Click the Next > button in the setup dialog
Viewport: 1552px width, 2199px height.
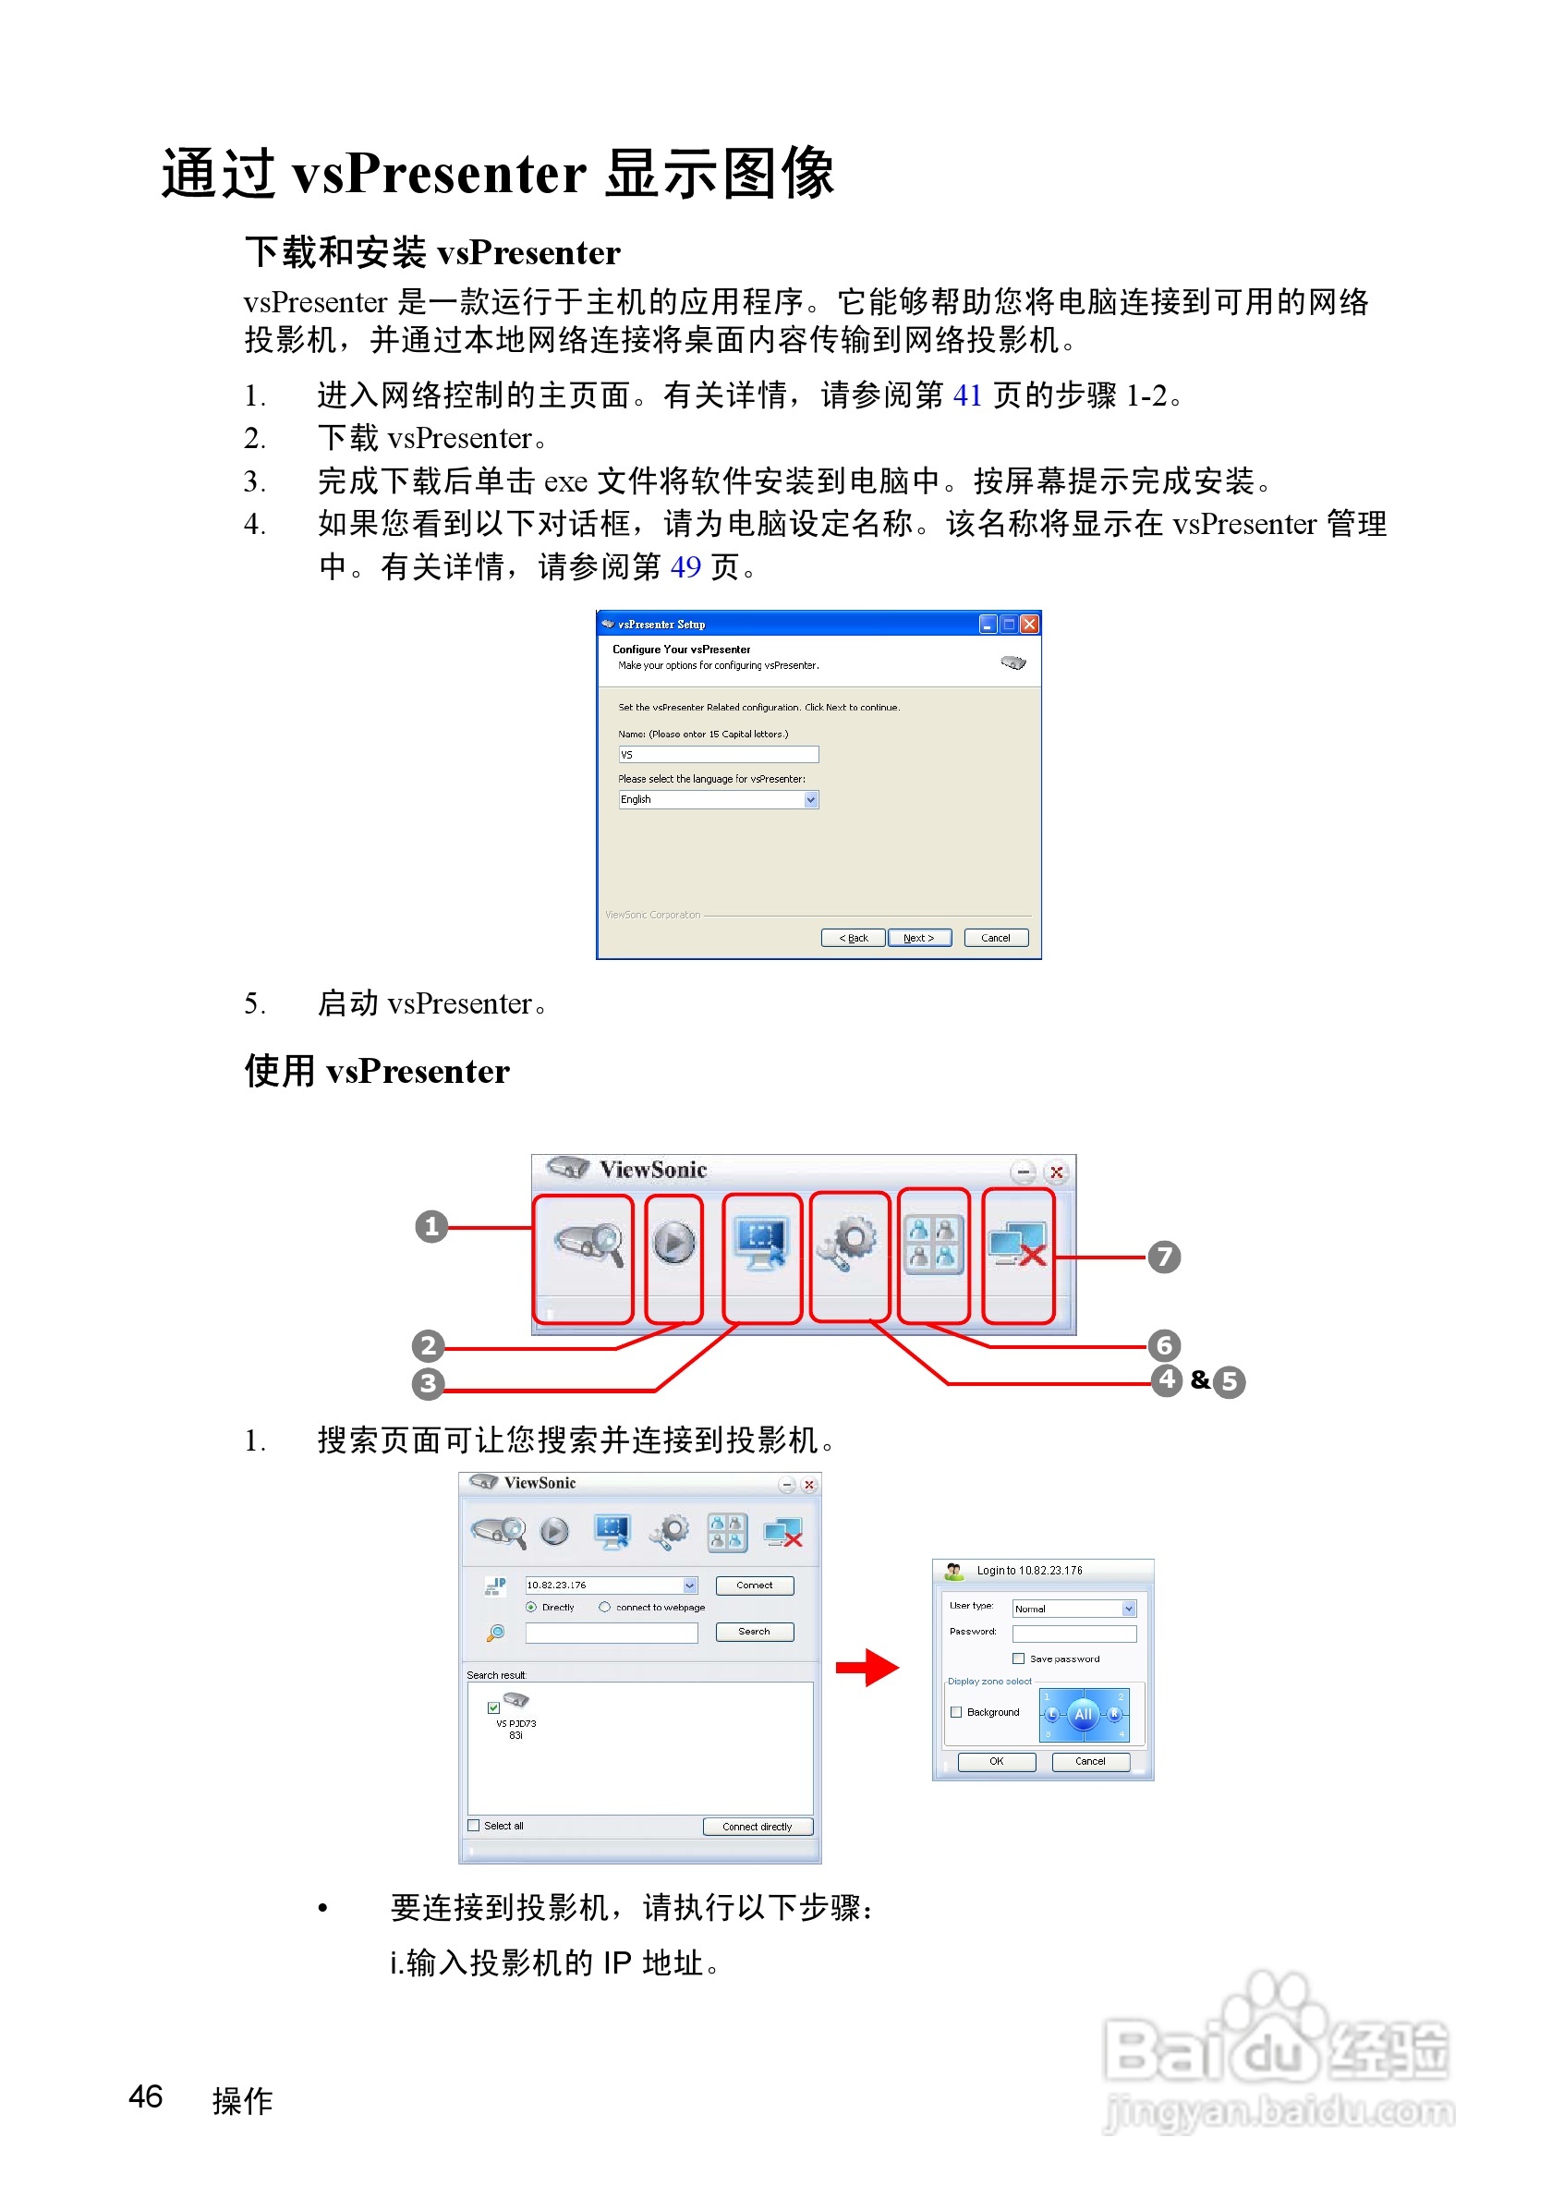(x=918, y=938)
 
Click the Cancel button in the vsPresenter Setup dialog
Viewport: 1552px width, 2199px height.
(x=995, y=938)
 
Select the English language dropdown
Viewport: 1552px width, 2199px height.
(x=718, y=800)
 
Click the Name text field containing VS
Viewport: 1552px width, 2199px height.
(x=718, y=755)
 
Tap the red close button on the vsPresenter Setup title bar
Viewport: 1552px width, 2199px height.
(x=1029, y=625)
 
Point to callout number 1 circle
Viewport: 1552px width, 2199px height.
(x=430, y=1226)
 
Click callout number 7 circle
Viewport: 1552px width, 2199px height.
(x=1163, y=1257)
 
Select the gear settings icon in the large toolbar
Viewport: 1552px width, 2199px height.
(x=848, y=1243)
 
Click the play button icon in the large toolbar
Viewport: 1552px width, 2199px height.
(x=674, y=1243)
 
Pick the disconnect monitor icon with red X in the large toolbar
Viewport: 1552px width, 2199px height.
(x=1017, y=1245)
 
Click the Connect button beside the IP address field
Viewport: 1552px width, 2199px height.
(x=755, y=1585)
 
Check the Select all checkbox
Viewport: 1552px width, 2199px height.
(x=474, y=1826)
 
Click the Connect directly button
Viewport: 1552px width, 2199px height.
(x=757, y=1827)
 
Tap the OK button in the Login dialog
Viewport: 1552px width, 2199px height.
(x=996, y=1761)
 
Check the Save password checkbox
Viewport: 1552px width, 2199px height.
(x=1019, y=1658)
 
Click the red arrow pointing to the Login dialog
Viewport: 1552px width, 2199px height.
(x=867, y=1668)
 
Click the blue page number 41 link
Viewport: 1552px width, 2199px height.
(x=967, y=395)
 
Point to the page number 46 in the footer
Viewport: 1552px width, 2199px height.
(x=146, y=2096)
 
